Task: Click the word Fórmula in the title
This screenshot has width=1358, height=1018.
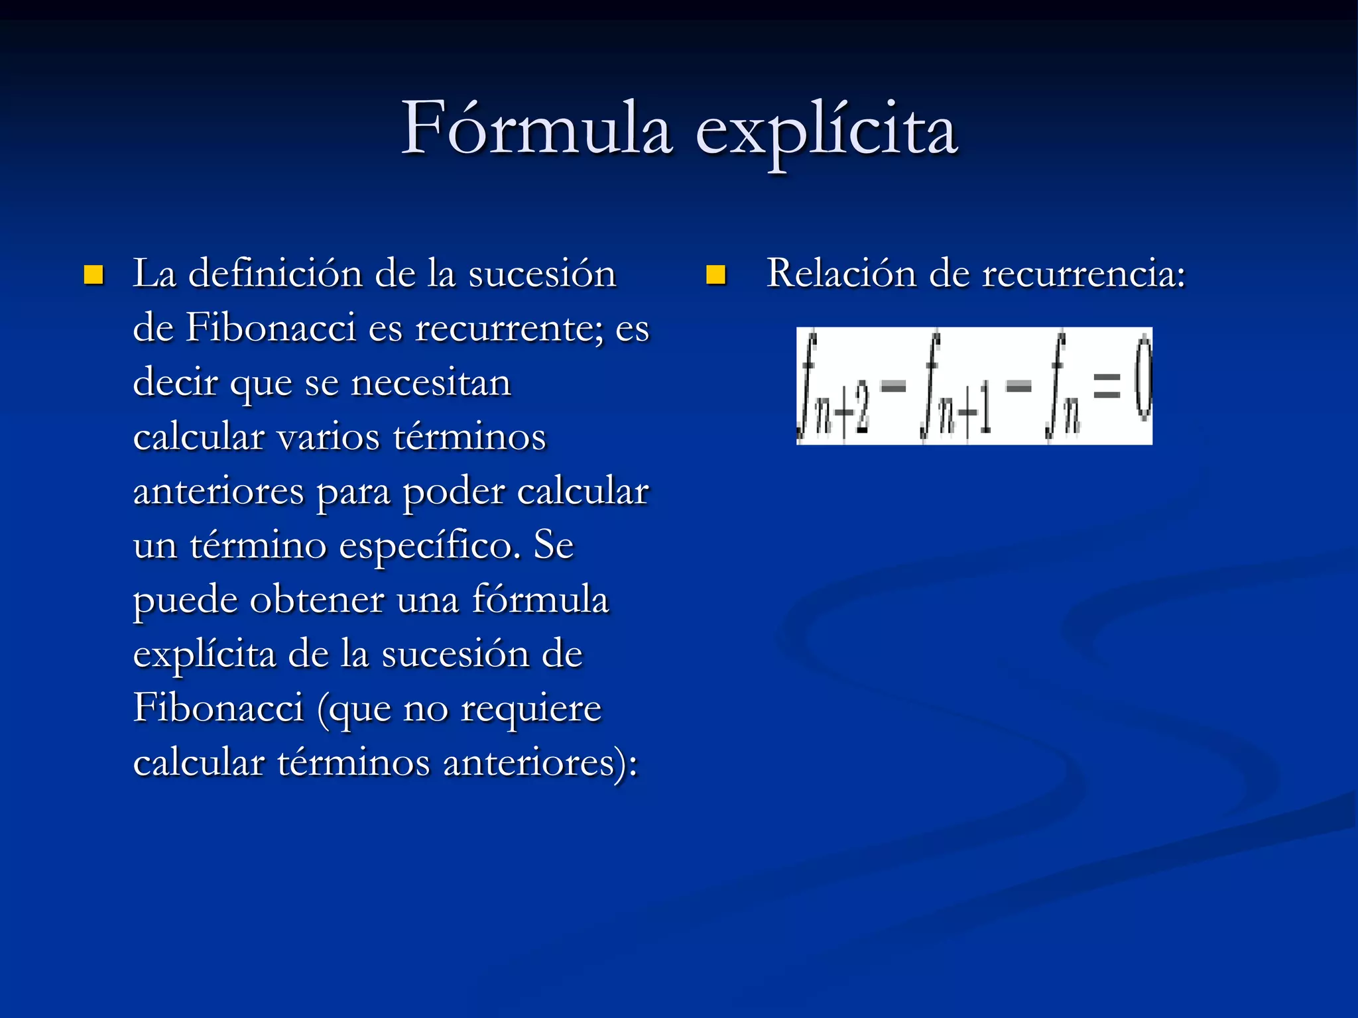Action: click(x=537, y=129)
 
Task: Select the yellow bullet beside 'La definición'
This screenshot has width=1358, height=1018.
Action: click(x=93, y=274)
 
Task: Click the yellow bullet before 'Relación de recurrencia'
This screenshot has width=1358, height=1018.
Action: click(x=716, y=274)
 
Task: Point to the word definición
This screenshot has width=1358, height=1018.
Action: click(x=275, y=274)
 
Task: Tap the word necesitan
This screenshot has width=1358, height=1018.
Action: click(x=431, y=383)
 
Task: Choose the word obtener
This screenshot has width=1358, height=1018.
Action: click(x=317, y=601)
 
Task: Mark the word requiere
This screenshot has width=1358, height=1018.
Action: click(x=530, y=710)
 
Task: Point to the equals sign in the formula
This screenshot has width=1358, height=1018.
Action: click(x=1106, y=386)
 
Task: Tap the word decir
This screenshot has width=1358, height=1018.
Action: click(x=176, y=383)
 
